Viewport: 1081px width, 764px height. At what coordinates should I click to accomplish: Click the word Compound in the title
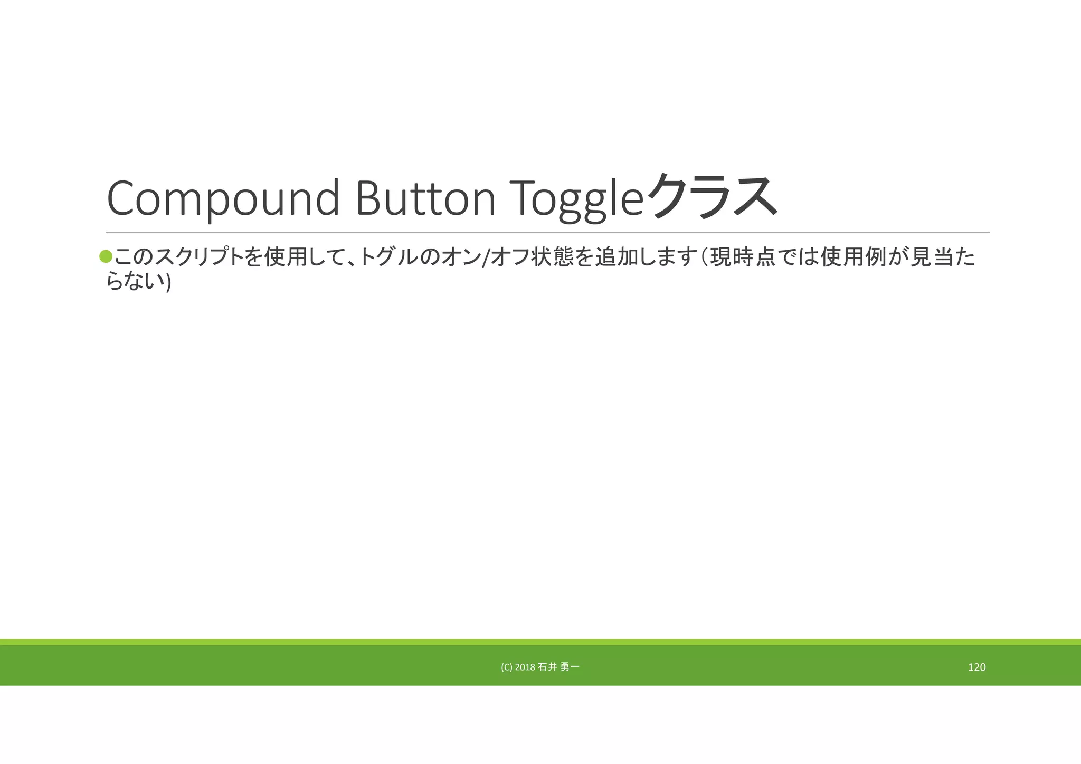coord(223,198)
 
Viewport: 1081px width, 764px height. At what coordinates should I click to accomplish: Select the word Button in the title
coord(425,198)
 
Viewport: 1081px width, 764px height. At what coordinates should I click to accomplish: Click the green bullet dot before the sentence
coord(106,256)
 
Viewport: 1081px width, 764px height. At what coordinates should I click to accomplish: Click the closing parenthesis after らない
coord(168,283)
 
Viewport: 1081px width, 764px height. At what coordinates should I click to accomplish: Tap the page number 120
coord(976,667)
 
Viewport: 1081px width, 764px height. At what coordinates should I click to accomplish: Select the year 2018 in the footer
coord(524,667)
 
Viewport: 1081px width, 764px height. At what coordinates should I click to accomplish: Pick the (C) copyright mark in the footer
coord(506,667)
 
